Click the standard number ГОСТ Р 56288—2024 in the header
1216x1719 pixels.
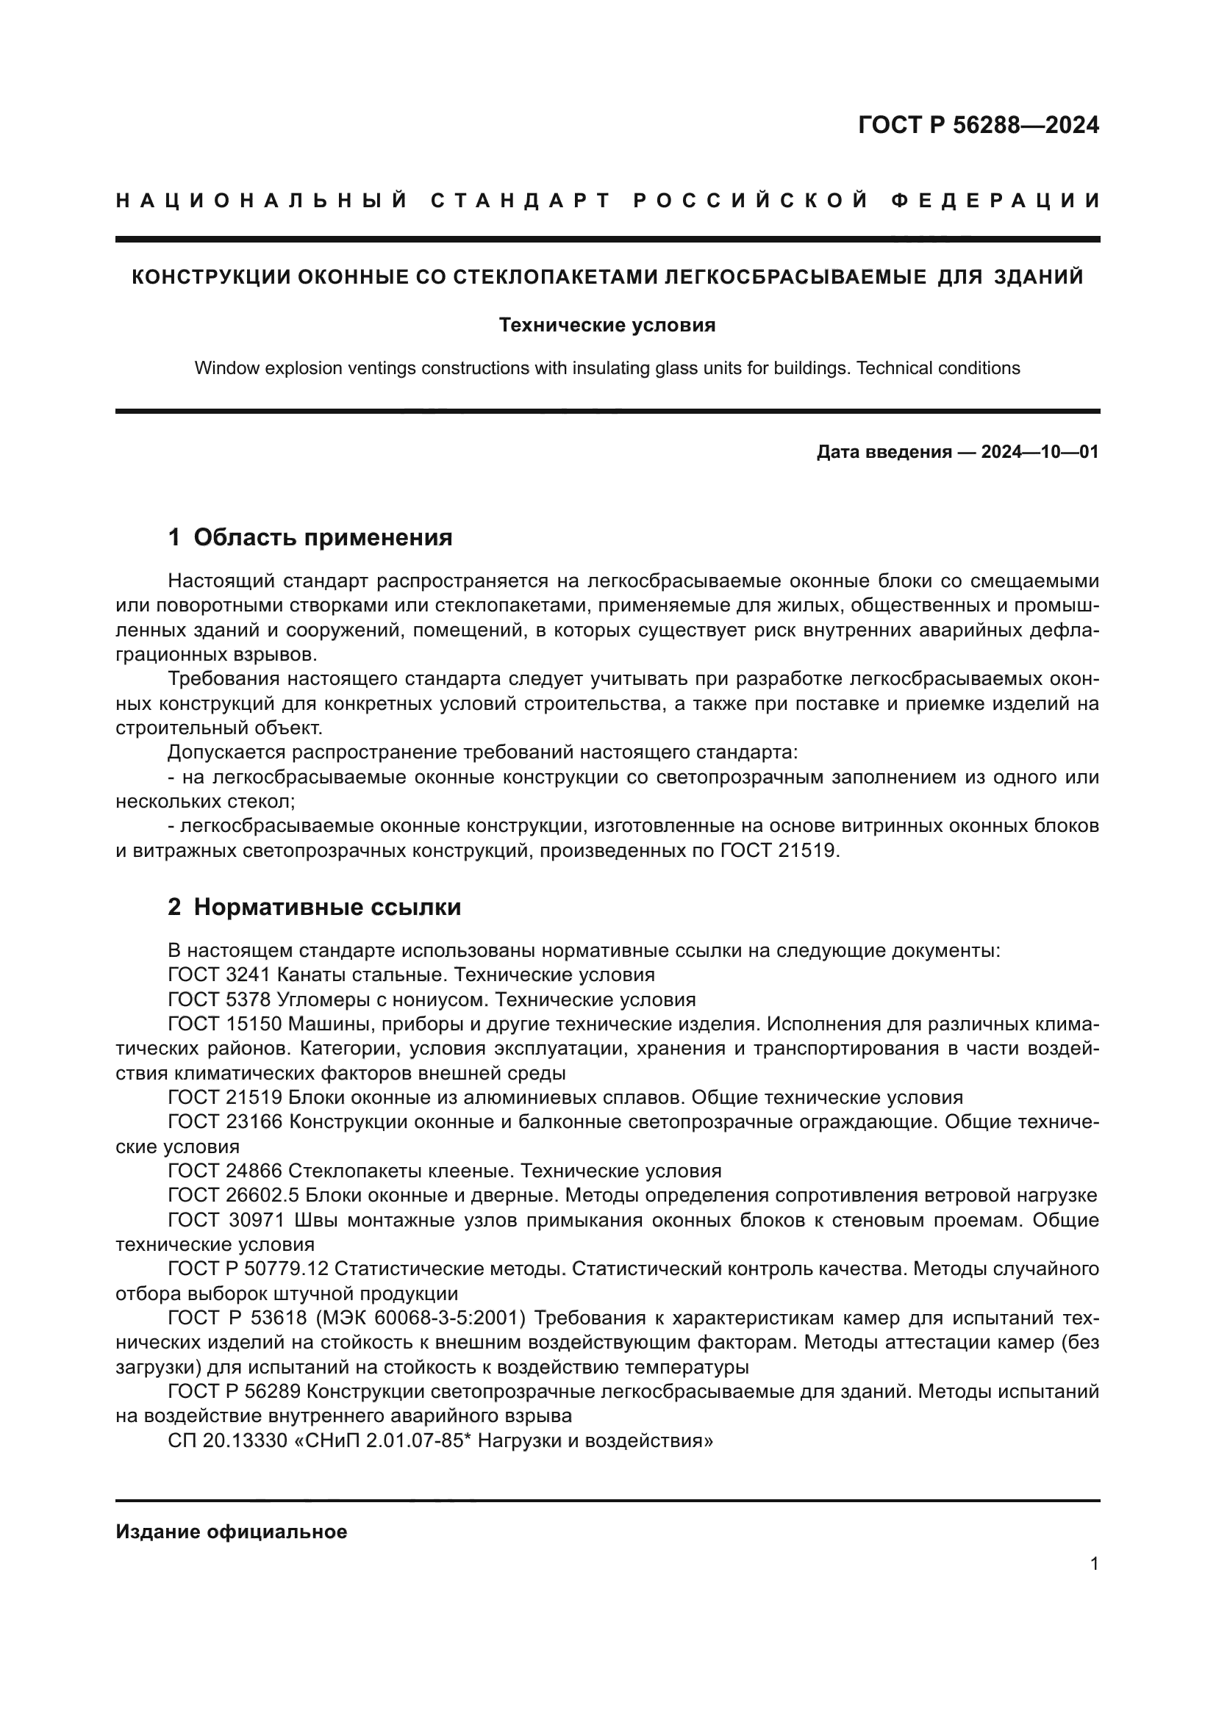point(978,125)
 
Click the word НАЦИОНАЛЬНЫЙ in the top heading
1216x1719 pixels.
point(262,201)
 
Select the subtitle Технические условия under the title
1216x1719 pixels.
point(607,325)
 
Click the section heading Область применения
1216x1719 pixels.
point(323,536)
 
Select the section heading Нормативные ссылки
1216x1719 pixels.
point(327,907)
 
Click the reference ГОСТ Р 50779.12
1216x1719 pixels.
point(248,1269)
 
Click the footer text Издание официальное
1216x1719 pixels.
point(232,1532)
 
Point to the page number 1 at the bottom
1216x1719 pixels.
point(1094,1563)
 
